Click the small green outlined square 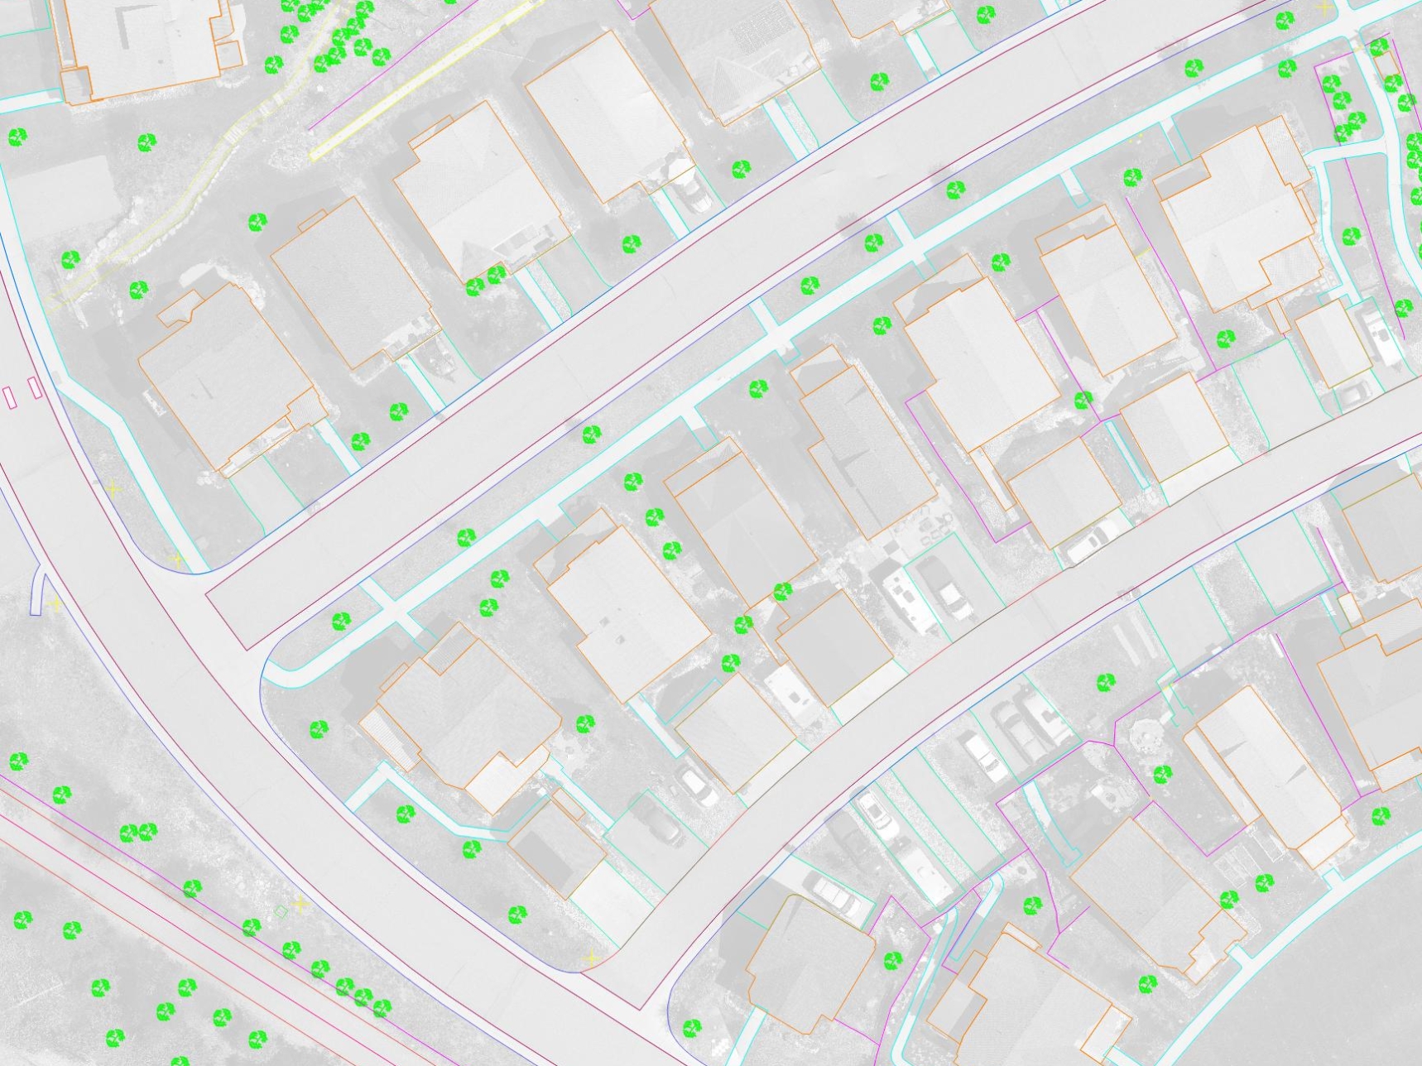click(281, 911)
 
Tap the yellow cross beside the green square click(300, 905)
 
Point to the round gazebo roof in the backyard click(1146, 733)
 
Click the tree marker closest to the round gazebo click(1162, 774)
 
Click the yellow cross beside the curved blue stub click(55, 603)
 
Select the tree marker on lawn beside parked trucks click(1106, 683)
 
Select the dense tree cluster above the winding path click(331, 33)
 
